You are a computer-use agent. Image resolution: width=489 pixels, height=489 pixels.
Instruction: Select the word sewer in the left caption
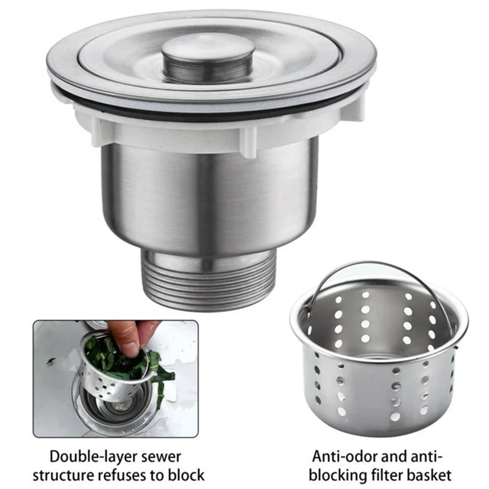[x=162, y=457]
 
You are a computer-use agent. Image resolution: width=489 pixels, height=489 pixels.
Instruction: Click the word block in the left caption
[x=186, y=474]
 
